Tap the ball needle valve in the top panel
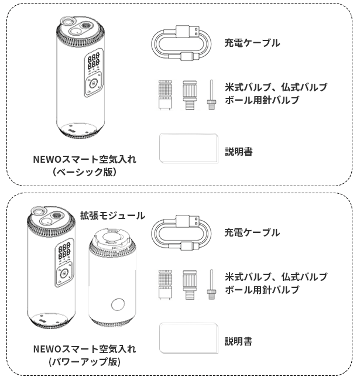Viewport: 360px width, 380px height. [x=211, y=95]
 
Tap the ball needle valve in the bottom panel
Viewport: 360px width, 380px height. [x=211, y=285]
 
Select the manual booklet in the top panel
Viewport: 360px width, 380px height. [x=188, y=148]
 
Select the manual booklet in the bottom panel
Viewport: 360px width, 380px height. [x=188, y=338]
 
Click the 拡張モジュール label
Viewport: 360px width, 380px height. [x=112, y=215]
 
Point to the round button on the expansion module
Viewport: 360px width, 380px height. [x=118, y=304]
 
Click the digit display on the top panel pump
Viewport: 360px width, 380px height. [x=94, y=60]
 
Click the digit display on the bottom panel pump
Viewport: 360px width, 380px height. [x=64, y=251]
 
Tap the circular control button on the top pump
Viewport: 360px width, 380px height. [x=93, y=84]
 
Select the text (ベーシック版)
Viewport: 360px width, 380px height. [x=84, y=172]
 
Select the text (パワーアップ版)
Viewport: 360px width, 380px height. [x=84, y=362]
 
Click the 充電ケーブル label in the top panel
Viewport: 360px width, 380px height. [x=252, y=43]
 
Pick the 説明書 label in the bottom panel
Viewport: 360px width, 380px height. [x=238, y=341]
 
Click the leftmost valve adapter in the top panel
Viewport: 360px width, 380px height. [x=165, y=95]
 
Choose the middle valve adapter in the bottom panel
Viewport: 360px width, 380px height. [x=190, y=285]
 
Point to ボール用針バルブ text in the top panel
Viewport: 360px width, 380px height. [x=262, y=100]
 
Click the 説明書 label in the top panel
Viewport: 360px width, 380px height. [x=238, y=152]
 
